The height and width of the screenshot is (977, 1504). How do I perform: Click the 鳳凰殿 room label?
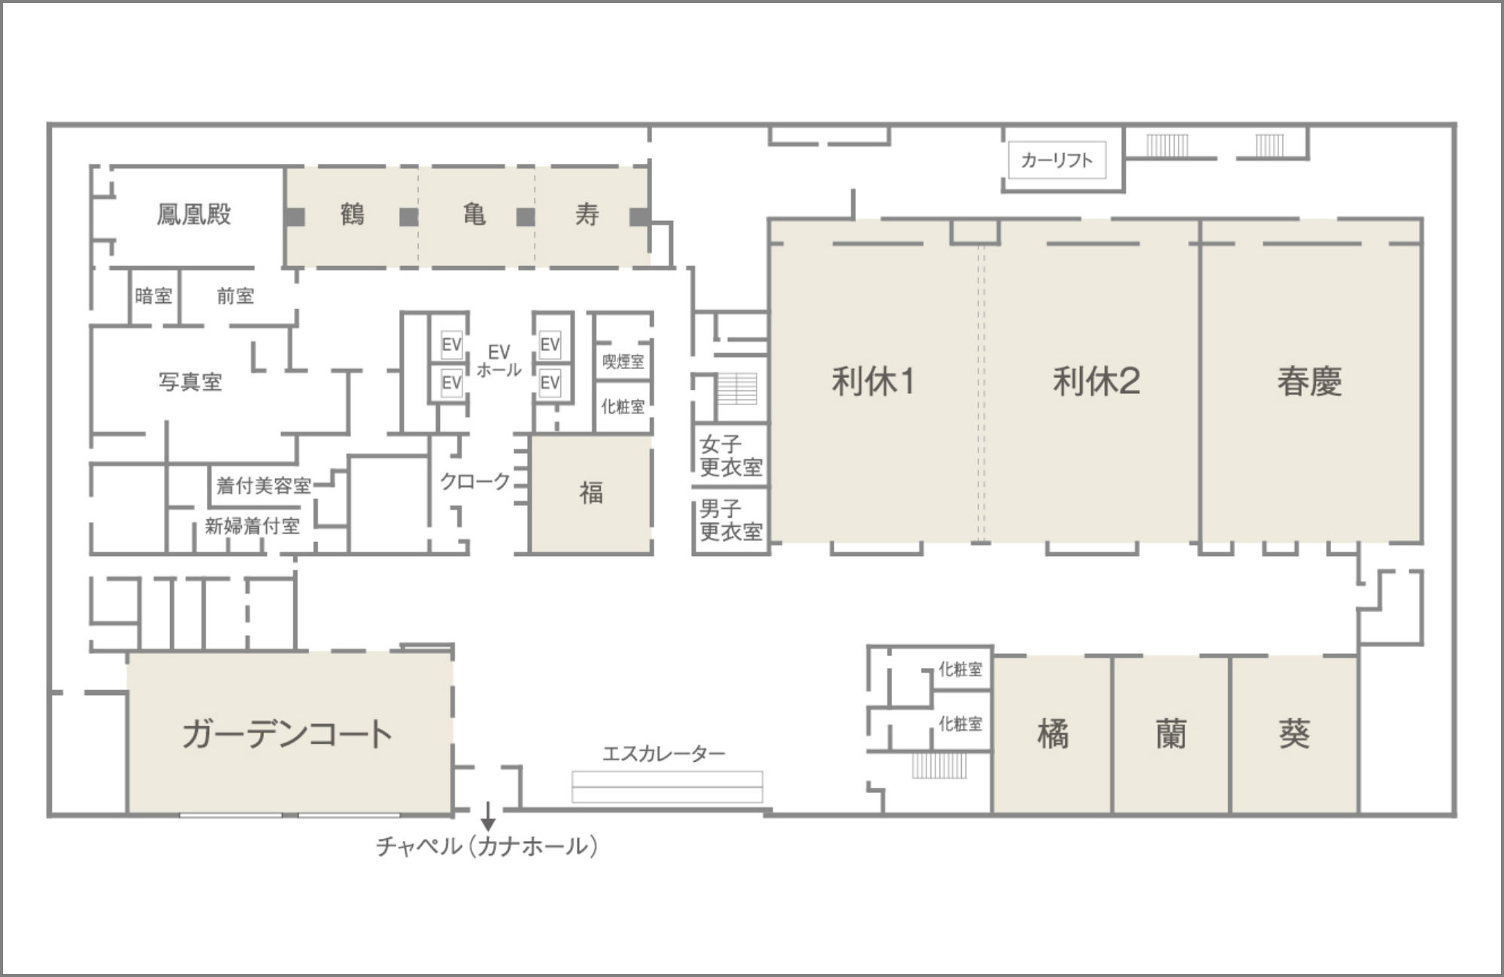[x=194, y=215]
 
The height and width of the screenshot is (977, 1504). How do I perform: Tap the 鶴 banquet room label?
[x=352, y=215]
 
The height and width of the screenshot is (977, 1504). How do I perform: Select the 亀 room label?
[x=474, y=215]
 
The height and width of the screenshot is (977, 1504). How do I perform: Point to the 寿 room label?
[x=587, y=215]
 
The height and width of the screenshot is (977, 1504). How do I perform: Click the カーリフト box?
[x=1057, y=160]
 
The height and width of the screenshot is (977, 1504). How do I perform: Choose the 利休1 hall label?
[x=873, y=381]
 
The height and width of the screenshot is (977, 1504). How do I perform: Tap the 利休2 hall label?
[x=1096, y=381]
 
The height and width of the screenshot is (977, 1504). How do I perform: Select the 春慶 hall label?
[x=1309, y=381]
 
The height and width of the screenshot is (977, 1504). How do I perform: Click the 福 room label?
[x=591, y=493]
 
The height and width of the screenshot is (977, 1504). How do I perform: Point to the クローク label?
[x=475, y=482]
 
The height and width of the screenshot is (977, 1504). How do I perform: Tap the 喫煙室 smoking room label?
[x=623, y=361]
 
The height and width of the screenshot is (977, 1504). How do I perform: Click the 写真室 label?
[x=190, y=382]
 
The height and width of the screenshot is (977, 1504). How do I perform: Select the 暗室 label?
[x=153, y=296]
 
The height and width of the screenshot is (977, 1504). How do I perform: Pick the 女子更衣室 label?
[x=731, y=455]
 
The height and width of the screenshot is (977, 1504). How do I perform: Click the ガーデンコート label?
[x=287, y=734]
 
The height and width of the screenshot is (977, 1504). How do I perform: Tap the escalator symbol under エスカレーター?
[x=667, y=787]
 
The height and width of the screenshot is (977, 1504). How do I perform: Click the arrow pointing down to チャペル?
[x=488, y=817]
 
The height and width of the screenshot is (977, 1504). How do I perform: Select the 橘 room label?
[x=1053, y=734]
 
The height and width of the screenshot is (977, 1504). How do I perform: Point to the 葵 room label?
[x=1294, y=734]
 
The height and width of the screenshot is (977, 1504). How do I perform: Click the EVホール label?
[x=499, y=361]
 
